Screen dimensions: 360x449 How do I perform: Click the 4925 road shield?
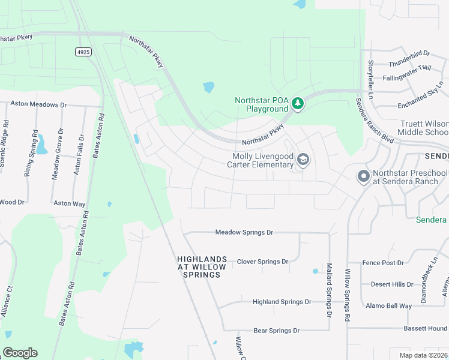pyautogui.click(x=83, y=52)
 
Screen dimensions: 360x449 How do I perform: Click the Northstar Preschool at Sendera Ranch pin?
pyautogui.click(x=363, y=177)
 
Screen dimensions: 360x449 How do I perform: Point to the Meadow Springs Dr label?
pyautogui.click(x=244, y=232)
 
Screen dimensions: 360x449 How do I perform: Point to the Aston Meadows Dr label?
pyautogui.click(x=38, y=104)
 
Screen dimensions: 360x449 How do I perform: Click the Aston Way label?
pyautogui.click(x=70, y=204)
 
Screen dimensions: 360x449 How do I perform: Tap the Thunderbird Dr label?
pyautogui.click(x=409, y=54)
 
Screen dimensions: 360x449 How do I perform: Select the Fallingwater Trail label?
pyautogui.click(x=407, y=68)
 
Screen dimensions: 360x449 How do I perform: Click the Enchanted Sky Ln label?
pyautogui.click(x=421, y=96)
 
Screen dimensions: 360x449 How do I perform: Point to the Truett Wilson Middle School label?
pyautogui.click(x=424, y=128)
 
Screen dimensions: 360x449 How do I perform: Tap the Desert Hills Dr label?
pyautogui.click(x=392, y=284)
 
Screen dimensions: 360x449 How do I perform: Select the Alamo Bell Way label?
pyautogui.click(x=389, y=306)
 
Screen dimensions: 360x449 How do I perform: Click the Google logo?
pyautogui.click(x=20, y=352)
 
